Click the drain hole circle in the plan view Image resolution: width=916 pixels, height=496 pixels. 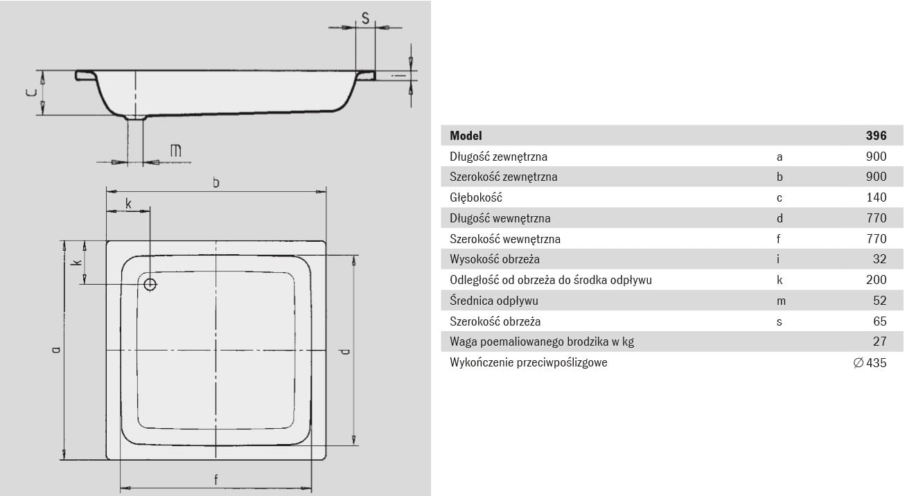click(x=150, y=283)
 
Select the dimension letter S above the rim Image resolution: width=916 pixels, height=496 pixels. click(x=364, y=19)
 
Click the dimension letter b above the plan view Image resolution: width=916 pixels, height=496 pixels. click(x=216, y=182)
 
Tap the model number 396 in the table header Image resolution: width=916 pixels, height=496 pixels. click(x=876, y=136)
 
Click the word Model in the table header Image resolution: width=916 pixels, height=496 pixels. click(x=466, y=136)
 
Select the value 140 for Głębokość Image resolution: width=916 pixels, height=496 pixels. click(x=876, y=197)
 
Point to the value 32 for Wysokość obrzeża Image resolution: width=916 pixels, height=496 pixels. click(x=879, y=260)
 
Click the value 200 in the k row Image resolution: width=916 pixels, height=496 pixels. click(x=876, y=280)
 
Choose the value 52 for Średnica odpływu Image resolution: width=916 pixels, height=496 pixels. click(x=879, y=301)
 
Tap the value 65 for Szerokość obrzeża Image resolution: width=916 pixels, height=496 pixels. click(x=879, y=321)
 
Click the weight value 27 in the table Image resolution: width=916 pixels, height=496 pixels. click(x=879, y=342)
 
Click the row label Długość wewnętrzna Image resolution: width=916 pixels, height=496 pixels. click(x=500, y=218)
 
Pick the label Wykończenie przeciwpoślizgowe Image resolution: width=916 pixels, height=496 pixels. click(x=528, y=362)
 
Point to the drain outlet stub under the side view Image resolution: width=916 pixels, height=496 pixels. click(x=136, y=118)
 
